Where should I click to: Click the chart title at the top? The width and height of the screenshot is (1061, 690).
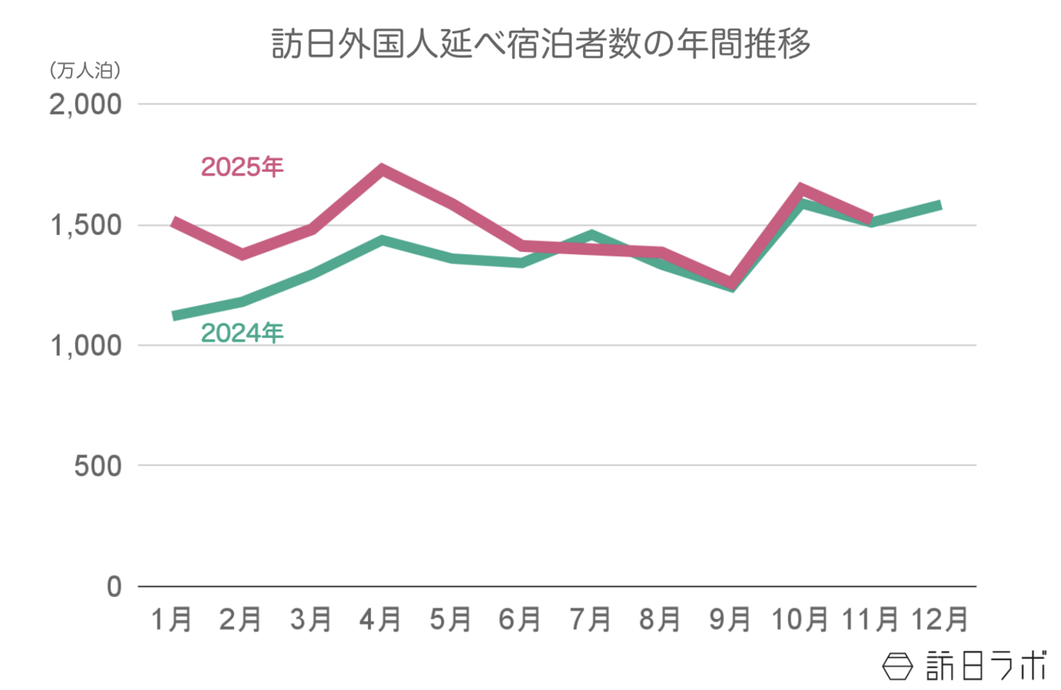point(540,44)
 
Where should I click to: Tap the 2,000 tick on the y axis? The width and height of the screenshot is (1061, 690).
point(86,104)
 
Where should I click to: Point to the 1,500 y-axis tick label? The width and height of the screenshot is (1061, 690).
point(86,226)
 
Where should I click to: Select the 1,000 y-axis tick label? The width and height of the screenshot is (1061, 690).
point(86,346)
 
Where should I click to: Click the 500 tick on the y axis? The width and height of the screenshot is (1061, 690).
point(98,466)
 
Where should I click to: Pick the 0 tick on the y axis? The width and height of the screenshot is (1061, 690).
point(115,586)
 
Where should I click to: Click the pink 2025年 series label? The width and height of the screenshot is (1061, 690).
point(242,167)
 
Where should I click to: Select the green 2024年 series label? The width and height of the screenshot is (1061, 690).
point(242,332)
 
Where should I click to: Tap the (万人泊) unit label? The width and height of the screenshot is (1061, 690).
point(85,70)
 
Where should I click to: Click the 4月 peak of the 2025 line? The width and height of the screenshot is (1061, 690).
point(382,169)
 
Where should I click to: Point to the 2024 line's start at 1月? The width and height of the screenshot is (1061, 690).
point(174,316)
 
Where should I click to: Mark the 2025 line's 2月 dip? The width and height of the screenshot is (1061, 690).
point(243,254)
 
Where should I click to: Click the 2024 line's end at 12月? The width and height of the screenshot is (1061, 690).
point(940,206)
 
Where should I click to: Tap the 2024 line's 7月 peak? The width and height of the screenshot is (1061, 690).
point(592,235)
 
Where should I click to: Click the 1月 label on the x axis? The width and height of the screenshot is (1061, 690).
point(172,620)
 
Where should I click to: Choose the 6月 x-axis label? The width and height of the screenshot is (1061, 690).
point(520,620)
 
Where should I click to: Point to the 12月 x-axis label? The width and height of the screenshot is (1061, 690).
point(940,620)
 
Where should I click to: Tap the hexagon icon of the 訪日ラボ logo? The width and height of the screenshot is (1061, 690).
point(897,665)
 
